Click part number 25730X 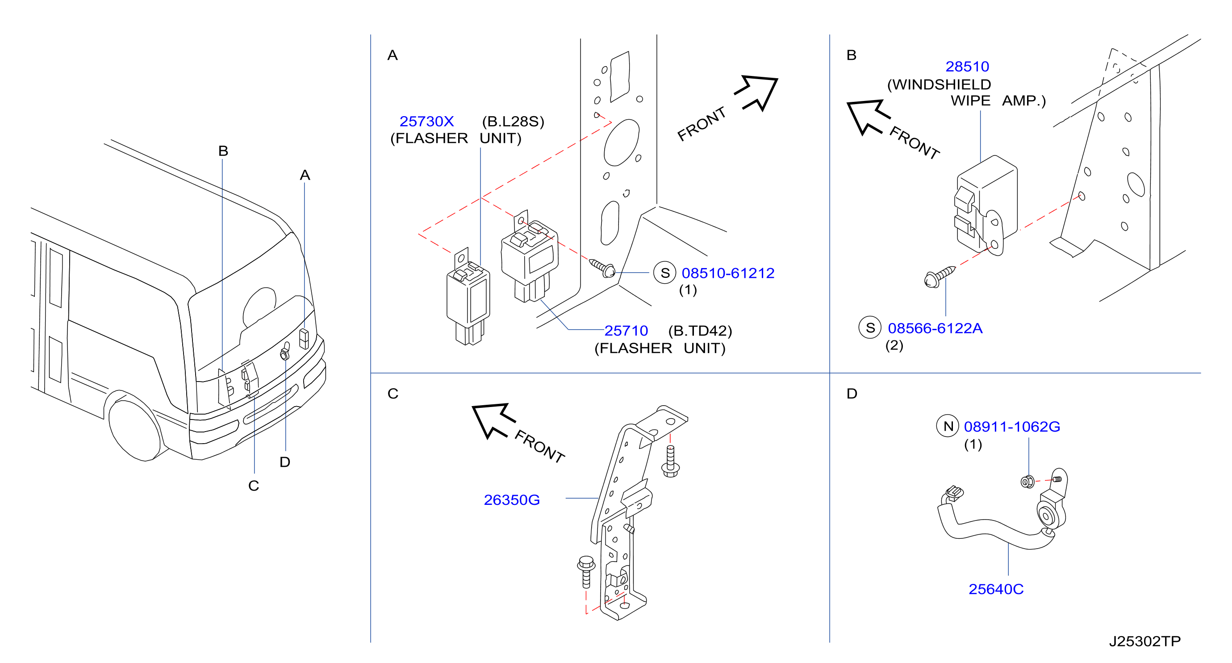(426, 122)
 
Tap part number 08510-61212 (727, 273)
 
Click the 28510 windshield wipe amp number (967, 67)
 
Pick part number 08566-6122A (935, 328)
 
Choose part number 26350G (511, 500)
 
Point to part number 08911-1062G (1011, 426)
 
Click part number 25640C (996, 589)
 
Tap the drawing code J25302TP (1144, 641)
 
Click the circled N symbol (948, 426)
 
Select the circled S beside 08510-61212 (665, 273)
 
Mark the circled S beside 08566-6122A (870, 327)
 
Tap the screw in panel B (940, 277)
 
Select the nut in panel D (1027, 481)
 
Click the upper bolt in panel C (670, 461)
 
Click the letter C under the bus (254, 486)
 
